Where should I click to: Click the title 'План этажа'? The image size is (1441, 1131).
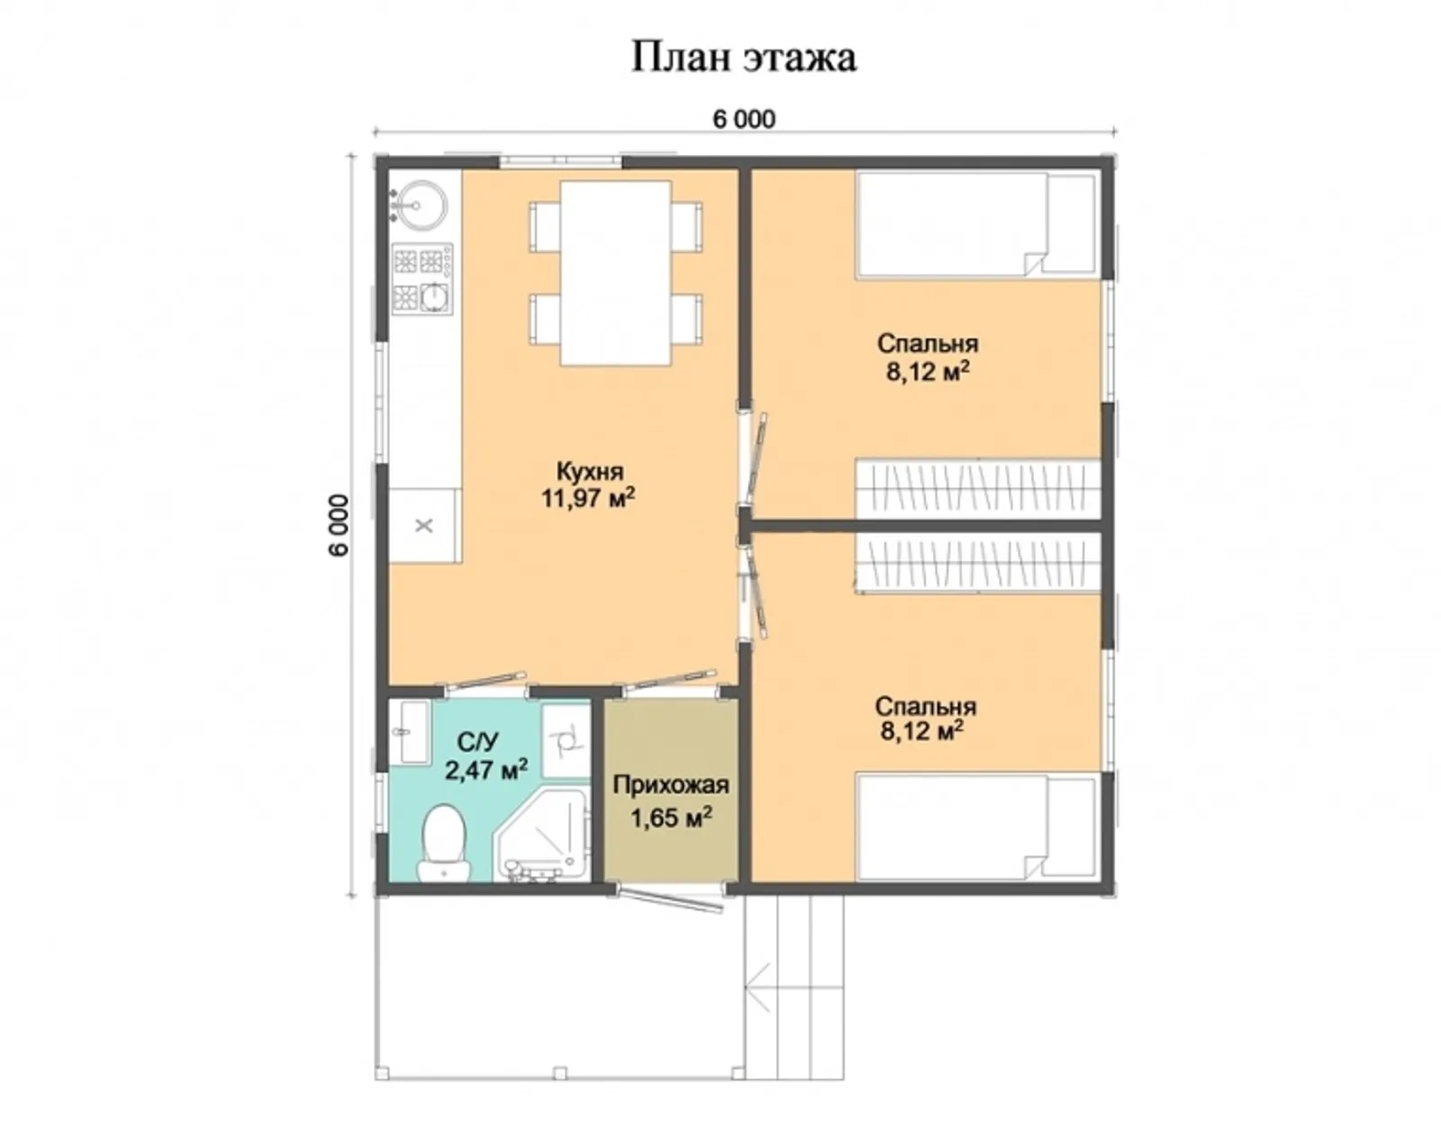(743, 57)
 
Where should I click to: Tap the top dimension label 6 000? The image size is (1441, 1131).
(744, 119)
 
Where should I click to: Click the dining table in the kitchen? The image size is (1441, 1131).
(616, 273)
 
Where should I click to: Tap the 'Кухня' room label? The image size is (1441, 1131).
(589, 471)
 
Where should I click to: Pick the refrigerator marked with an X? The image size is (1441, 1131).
(424, 525)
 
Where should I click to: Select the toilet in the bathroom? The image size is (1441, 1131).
(443, 842)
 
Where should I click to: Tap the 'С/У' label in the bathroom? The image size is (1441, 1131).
(477, 742)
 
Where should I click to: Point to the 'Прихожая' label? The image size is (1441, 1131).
(670, 785)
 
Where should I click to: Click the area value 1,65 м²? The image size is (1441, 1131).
(671, 818)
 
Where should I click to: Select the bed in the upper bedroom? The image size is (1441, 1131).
(975, 223)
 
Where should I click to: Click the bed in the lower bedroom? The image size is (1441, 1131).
(975, 827)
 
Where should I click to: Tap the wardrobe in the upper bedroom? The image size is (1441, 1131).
(977, 488)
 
